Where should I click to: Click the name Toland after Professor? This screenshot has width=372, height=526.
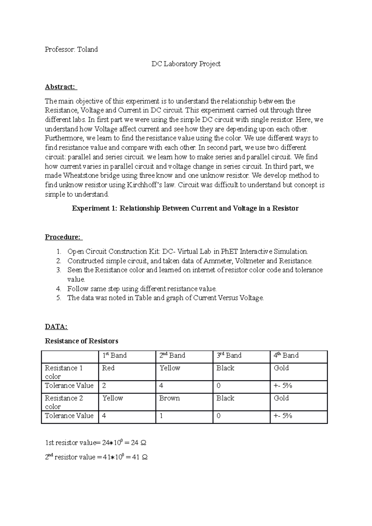87,49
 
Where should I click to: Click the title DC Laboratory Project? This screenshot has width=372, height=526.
186,64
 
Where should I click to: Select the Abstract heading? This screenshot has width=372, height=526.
60,87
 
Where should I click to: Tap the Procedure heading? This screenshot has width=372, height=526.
63,237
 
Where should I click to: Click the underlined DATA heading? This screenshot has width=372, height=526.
56,327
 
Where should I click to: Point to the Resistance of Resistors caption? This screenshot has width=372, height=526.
82,341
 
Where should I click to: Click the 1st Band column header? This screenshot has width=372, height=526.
114,355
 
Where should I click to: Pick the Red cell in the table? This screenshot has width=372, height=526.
108,368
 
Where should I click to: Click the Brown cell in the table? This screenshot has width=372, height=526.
169,398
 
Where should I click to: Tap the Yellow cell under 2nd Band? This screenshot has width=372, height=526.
170,368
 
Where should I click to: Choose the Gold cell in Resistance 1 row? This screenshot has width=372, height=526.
281,368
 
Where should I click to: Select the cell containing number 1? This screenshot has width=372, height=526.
161,416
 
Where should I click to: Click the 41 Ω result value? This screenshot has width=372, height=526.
139,457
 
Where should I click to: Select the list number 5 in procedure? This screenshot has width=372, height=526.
59,298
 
